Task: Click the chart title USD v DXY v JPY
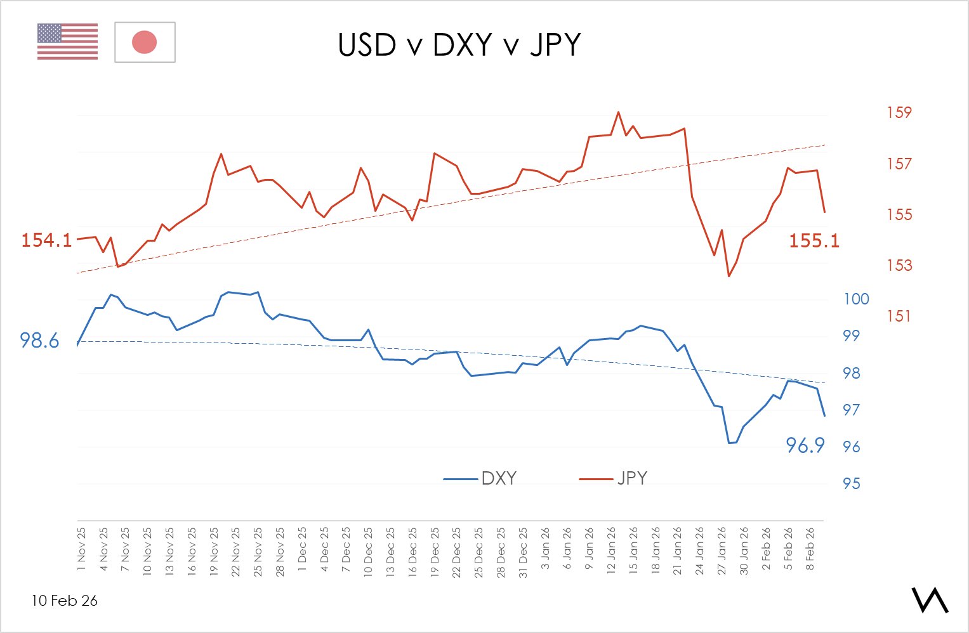point(459,45)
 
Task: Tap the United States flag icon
point(67,42)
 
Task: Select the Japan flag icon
point(145,42)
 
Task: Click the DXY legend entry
point(480,478)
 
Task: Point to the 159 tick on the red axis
point(899,113)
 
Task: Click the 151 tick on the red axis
point(899,316)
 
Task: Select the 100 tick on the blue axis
point(855,299)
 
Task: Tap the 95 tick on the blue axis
point(851,484)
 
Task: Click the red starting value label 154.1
point(46,240)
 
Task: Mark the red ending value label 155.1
point(814,241)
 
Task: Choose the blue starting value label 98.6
point(39,341)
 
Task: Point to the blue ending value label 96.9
point(805,446)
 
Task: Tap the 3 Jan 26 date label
point(545,549)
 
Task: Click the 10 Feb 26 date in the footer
point(65,601)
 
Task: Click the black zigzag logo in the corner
point(930,599)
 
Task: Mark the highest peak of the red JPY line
point(618,112)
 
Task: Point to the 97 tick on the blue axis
point(851,410)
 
